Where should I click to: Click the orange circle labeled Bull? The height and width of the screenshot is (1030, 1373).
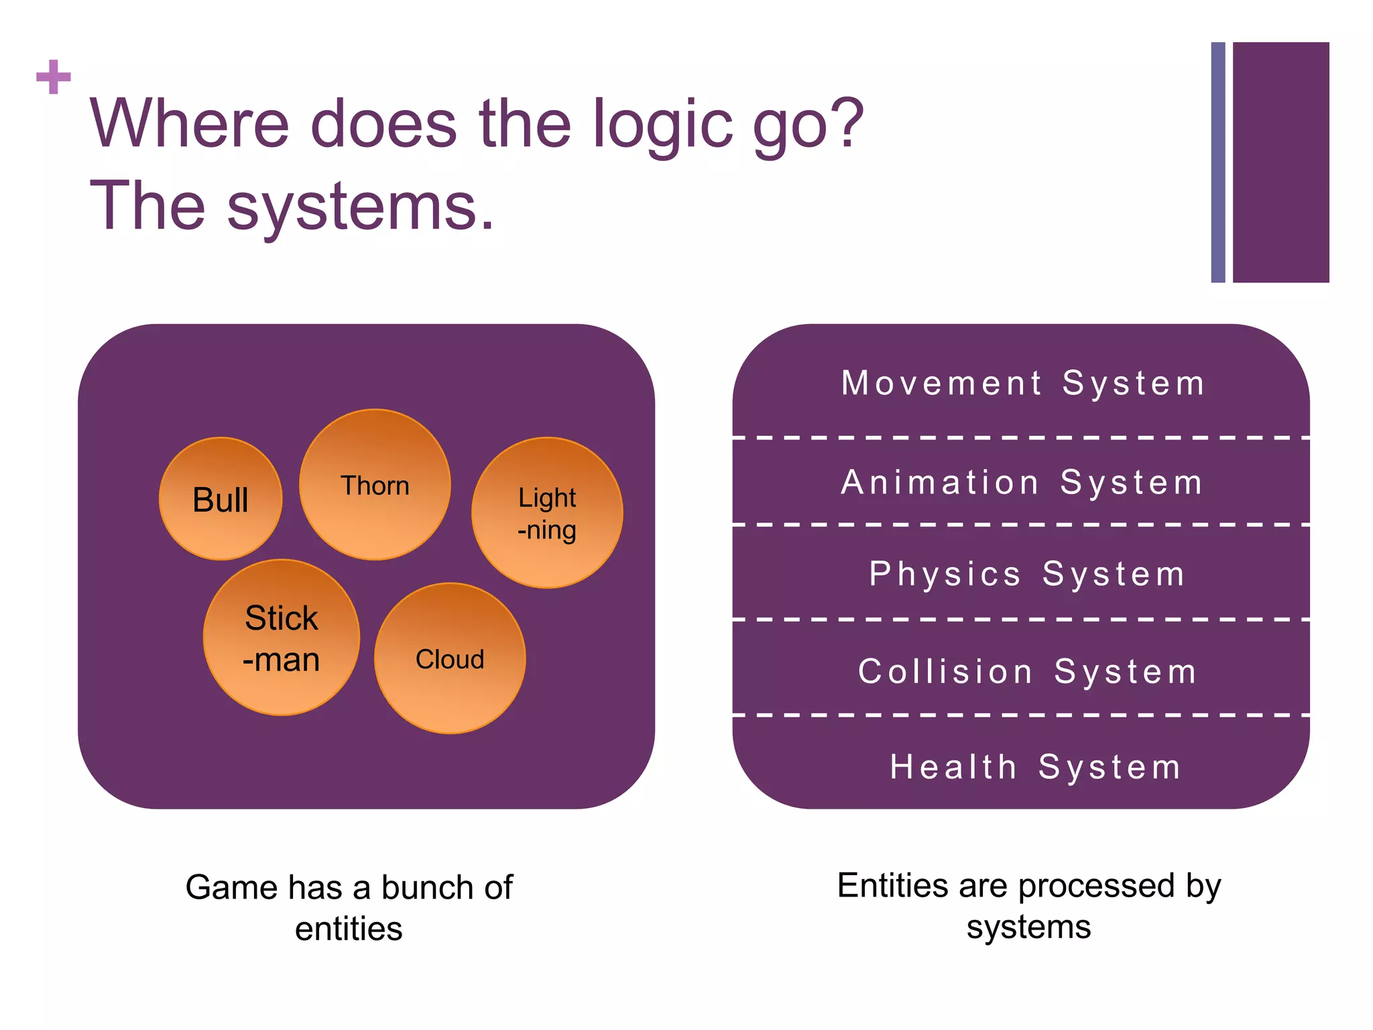click(x=221, y=499)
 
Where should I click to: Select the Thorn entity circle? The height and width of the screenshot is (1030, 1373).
click(x=375, y=485)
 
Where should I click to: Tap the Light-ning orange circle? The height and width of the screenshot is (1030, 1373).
click(x=547, y=513)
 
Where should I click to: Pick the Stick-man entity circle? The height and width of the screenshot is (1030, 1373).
click(x=282, y=638)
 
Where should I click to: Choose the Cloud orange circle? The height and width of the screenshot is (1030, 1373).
click(x=450, y=659)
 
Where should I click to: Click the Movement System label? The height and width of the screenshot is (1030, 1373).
click(x=1023, y=384)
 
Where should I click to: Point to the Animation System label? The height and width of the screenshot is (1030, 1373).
click(x=1022, y=483)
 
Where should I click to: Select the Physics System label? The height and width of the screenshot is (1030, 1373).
click(x=1027, y=574)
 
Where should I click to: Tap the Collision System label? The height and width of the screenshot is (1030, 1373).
click(x=1027, y=672)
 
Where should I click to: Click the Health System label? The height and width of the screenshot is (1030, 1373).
click(x=1035, y=767)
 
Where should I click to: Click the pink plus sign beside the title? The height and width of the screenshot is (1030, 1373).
click(x=54, y=77)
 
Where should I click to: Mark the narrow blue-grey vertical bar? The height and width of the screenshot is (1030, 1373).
click(x=1218, y=162)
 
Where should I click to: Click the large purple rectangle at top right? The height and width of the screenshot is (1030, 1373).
click(x=1280, y=162)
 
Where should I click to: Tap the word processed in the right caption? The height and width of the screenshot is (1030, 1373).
click(x=1097, y=886)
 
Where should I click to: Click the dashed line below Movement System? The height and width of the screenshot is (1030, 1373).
click(x=1020, y=438)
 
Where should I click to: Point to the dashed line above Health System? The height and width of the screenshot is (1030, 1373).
click(x=1020, y=716)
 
